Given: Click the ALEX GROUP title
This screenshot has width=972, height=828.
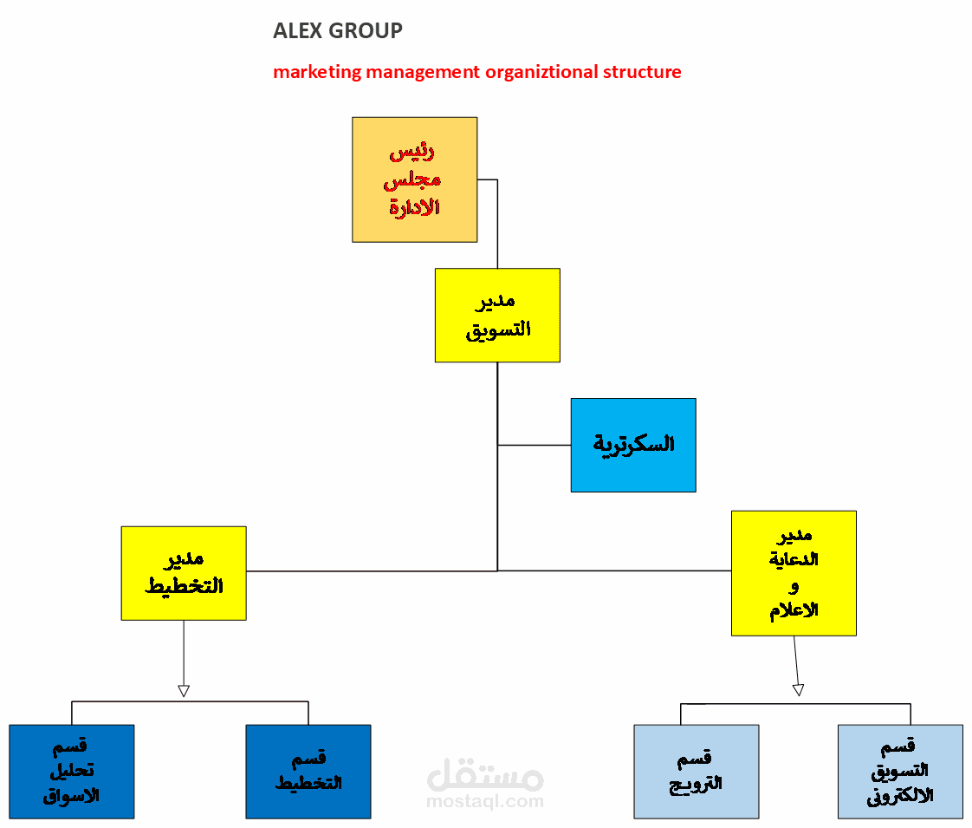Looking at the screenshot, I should click(x=337, y=31).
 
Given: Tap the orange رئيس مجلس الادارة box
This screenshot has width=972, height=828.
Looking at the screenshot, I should click(x=414, y=179).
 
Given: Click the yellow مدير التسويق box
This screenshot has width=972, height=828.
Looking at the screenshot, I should click(x=497, y=315).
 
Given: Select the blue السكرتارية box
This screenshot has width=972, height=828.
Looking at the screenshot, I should click(x=633, y=445).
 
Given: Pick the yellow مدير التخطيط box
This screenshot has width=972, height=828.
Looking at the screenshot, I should click(x=184, y=573).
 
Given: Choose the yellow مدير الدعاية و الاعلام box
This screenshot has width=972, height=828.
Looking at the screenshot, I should click(x=794, y=573).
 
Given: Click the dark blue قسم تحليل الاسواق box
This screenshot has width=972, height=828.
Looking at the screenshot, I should click(x=72, y=772).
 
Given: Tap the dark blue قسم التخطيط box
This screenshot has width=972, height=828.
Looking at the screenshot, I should click(x=308, y=772).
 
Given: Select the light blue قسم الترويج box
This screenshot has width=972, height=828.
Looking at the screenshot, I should click(x=697, y=772).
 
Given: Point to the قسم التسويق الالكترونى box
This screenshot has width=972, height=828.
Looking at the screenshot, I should click(x=900, y=772).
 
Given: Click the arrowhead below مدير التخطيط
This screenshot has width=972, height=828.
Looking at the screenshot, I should click(x=184, y=691).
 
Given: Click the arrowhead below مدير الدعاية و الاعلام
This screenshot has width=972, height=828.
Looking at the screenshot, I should click(x=798, y=690).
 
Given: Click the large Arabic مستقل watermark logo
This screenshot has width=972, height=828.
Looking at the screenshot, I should click(x=485, y=774).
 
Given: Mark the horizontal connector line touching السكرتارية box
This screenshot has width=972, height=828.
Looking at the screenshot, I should click(x=534, y=446).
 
